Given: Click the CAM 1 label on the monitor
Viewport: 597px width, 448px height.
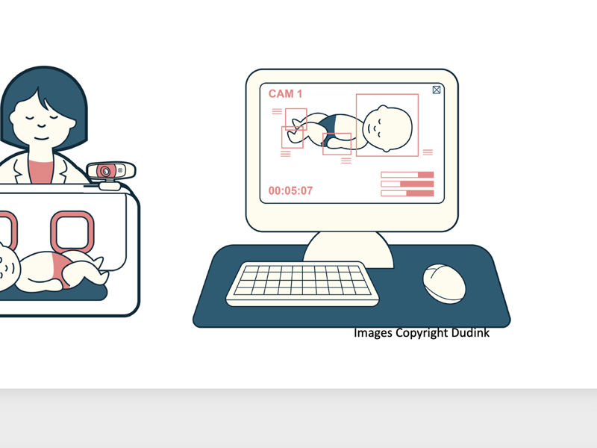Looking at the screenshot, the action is (285, 94).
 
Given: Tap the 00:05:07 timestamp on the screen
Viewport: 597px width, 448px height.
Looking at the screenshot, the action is (290, 190).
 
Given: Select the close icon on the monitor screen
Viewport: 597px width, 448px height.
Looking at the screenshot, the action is (437, 90).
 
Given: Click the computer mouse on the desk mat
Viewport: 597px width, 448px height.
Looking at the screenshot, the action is (444, 284).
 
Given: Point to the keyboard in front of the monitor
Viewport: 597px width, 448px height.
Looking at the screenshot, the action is (303, 284).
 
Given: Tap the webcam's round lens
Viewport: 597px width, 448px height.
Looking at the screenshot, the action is (105, 172).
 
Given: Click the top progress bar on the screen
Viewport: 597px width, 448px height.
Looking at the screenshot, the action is (407, 175).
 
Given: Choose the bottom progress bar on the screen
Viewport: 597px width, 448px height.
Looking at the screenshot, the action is (407, 193).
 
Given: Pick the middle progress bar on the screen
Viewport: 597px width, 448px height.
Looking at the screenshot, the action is (407, 184).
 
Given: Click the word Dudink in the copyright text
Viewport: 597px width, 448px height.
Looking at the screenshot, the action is (470, 332).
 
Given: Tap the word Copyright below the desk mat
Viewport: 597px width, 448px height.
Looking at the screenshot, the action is (422, 333).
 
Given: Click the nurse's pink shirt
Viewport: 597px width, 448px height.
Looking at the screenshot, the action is (40, 172).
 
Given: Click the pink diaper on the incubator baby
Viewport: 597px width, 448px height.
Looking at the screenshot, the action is (61, 267).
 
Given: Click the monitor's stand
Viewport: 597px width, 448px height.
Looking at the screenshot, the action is (348, 249).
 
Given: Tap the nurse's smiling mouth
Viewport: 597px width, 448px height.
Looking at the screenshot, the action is (42, 137).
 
